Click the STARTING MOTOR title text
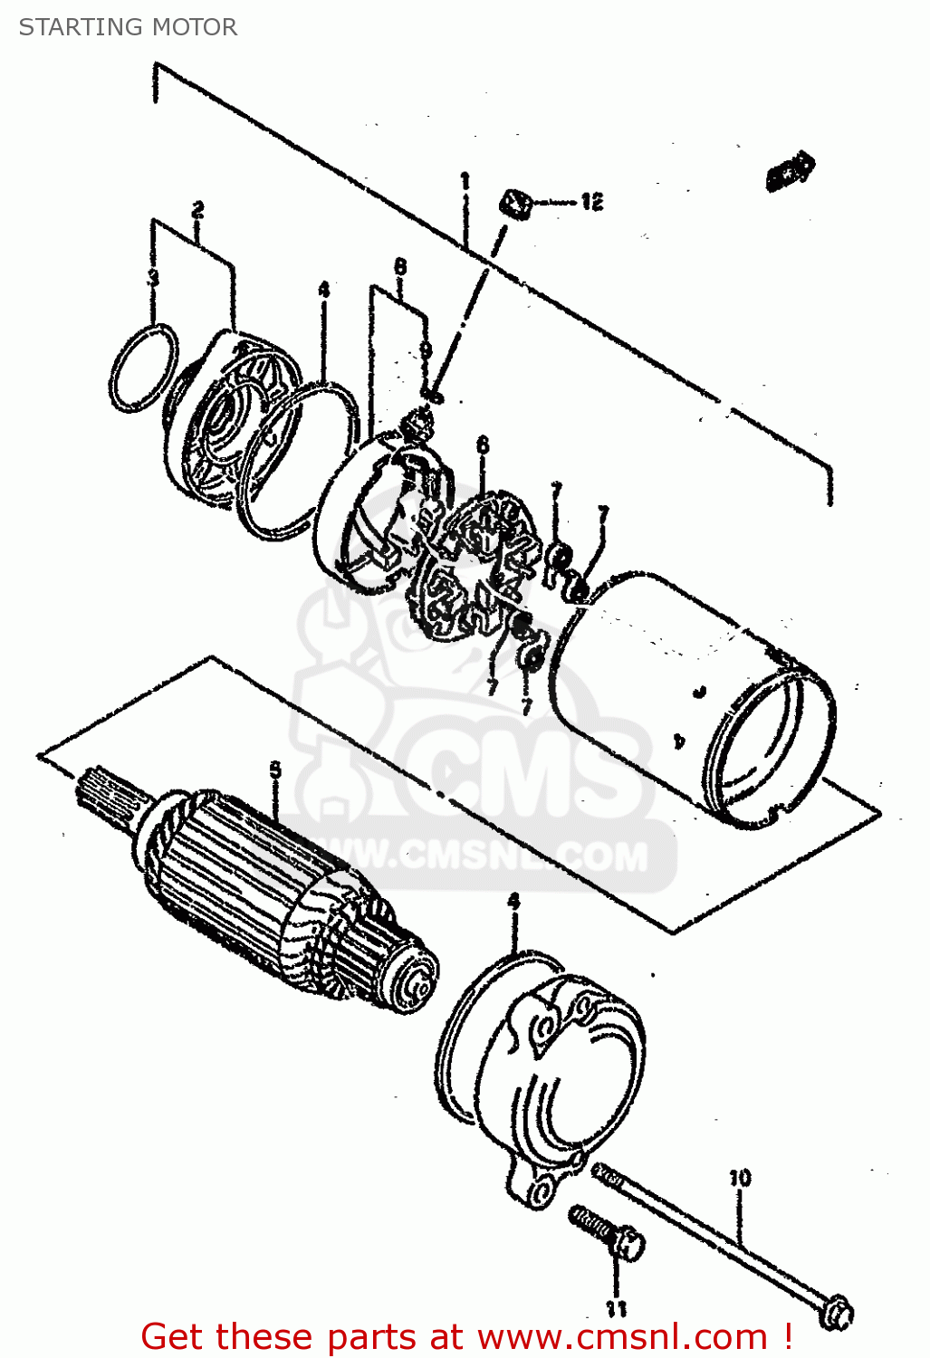(x=128, y=27)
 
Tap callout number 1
(x=465, y=182)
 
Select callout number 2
(x=197, y=210)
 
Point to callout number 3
(x=153, y=278)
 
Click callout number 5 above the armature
(x=275, y=770)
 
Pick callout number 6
(x=483, y=445)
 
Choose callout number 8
(x=400, y=266)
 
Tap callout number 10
(x=740, y=1178)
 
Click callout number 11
(x=616, y=1308)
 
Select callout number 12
(x=591, y=202)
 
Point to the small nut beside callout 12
(x=516, y=203)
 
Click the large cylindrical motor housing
(x=697, y=697)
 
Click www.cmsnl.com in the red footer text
(x=622, y=1336)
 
